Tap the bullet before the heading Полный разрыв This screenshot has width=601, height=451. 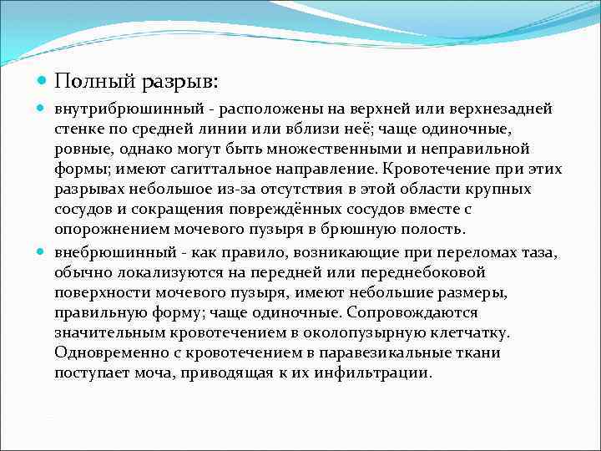point(42,82)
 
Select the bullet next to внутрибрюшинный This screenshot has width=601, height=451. point(42,109)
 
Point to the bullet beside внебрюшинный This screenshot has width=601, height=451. point(42,251)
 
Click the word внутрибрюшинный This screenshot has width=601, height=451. point(117,109)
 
